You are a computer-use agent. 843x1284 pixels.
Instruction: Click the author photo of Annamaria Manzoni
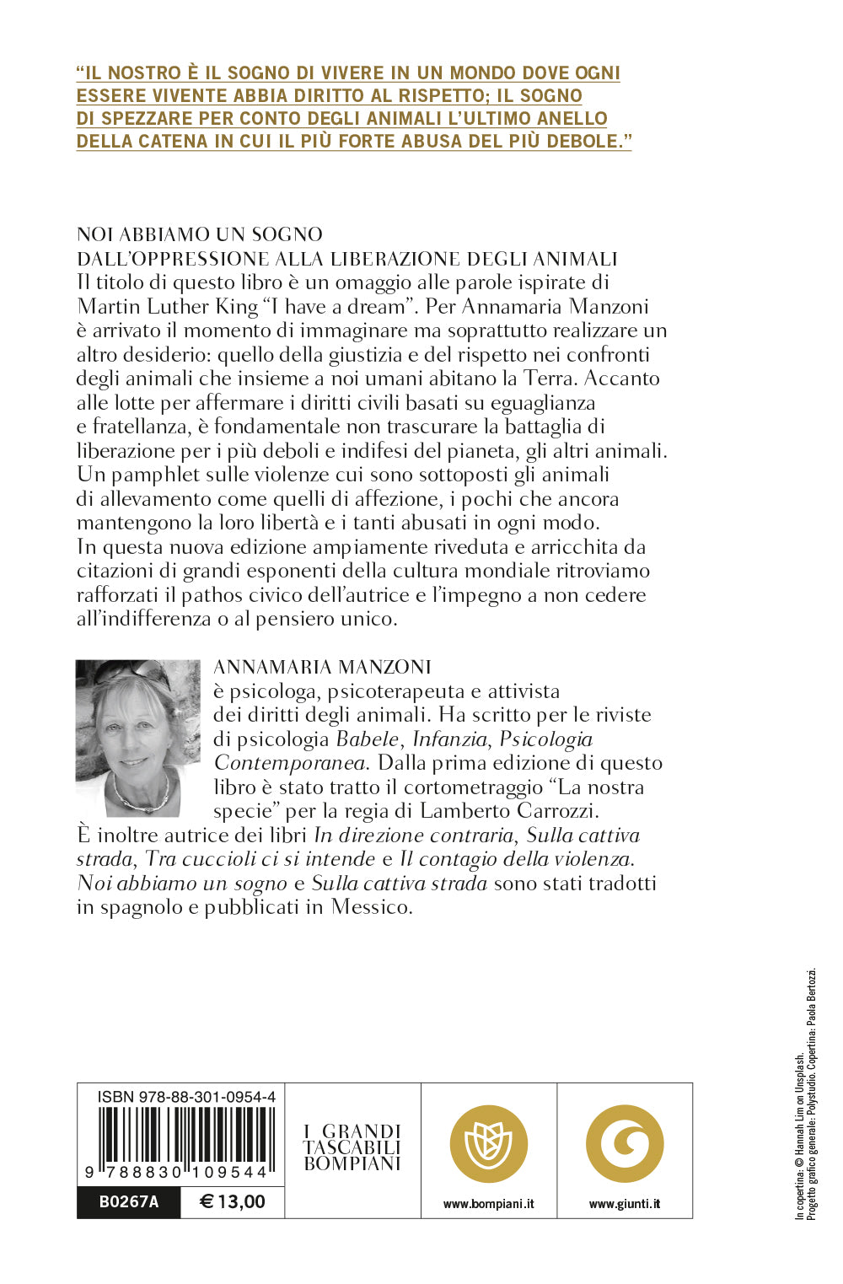pyautogui.click(x=137, y=738)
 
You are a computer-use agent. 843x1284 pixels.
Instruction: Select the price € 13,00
pyautogui.click(x=233, y=1201)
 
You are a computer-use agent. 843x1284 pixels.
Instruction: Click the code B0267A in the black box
pyautogui.click(x=129, y=1201)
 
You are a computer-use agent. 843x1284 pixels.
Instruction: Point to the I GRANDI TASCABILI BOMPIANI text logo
pyautogui.click(x=352, y=1147)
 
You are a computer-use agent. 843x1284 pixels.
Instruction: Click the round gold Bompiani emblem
pyautogui.click(x=489, y=1144)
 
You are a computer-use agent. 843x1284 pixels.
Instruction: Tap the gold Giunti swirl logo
pyautogui.click(x=625, y=1144)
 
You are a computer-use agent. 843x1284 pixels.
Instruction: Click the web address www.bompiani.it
pyautogui.click(x=489, y=1204)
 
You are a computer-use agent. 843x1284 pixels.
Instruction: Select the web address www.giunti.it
pyautogui.click(x=625, y=1204)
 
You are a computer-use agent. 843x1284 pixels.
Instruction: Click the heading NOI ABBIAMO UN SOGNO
pyautogui.click(x=200, y=234)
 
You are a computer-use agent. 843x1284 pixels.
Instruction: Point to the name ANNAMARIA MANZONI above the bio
pyautogui.click(x=323, y=667)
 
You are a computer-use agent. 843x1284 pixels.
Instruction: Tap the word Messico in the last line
pyautogui.click(x=371, y=907)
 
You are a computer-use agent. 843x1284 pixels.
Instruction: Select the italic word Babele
pyautogui.click(x=368, y=739)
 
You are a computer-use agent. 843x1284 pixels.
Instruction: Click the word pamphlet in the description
pyautogui.click(x=158, y=475)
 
